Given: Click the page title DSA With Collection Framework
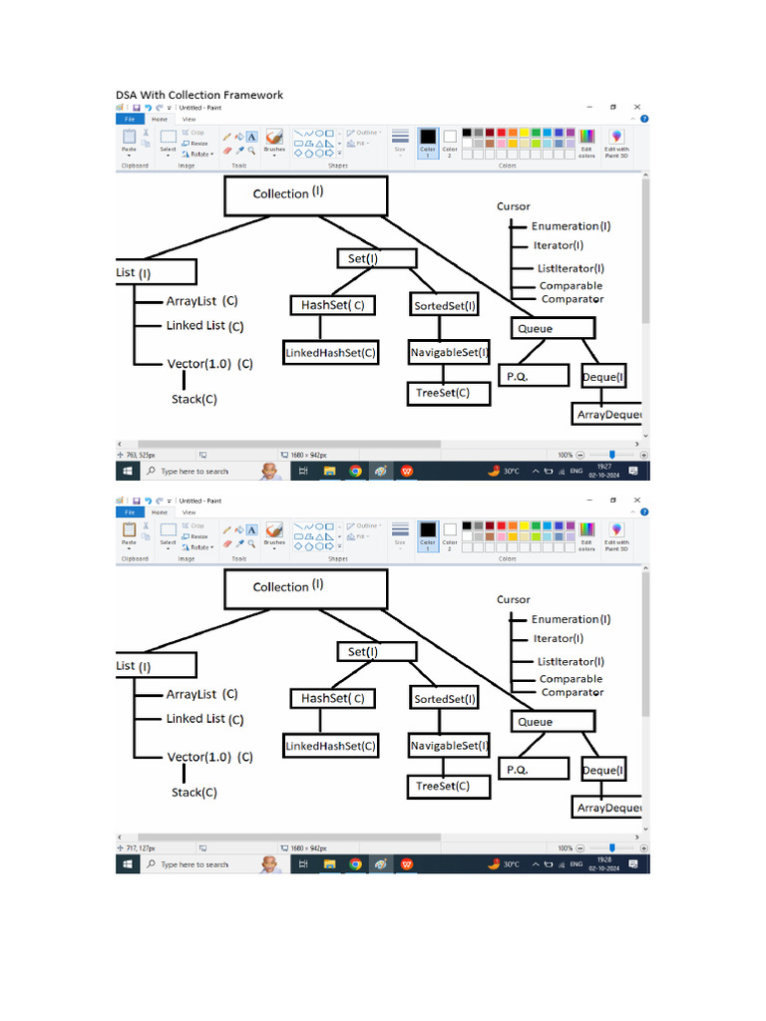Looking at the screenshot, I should pos(199,95).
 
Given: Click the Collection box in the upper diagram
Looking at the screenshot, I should pos(305,195).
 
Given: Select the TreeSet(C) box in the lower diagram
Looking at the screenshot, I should pos(450,787).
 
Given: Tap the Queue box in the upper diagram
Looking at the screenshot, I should pos(554,328).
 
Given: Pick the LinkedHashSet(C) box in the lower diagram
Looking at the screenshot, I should pos(331,746).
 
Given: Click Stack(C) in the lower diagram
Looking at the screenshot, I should pos(194,793).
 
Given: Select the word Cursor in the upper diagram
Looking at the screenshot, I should pos(514,206).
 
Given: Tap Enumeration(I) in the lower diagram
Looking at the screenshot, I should pos(571,619).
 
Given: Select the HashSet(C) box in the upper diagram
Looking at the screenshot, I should pos(332,305).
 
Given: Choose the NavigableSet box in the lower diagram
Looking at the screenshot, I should pos(449,745).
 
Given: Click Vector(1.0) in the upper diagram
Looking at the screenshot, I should pos(199,364).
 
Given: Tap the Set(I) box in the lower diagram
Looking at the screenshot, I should pos(376,652).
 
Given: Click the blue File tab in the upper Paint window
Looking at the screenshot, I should pos(130,119).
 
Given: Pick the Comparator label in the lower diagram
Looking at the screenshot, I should pos(573,692).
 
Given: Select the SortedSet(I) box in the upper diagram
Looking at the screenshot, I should pos(445,305).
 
